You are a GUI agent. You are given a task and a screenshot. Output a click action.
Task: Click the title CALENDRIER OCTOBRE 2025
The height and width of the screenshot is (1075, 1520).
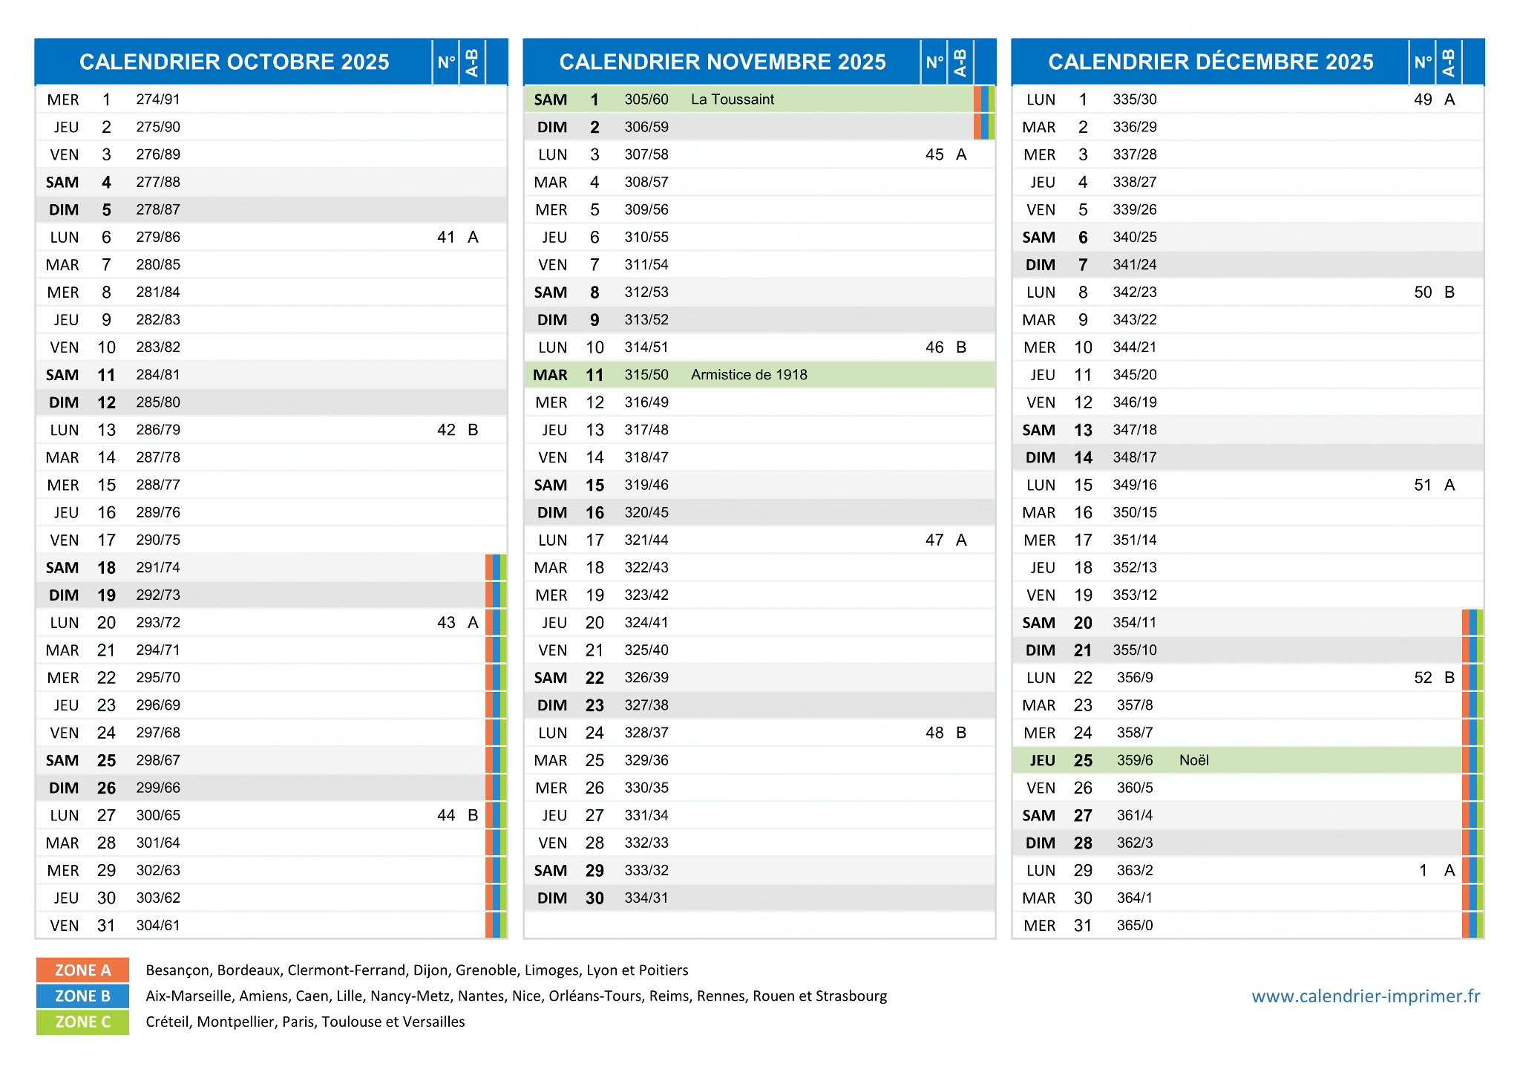coord(234,62)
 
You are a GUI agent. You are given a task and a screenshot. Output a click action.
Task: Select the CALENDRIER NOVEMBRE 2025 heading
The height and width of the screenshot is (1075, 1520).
coord(722,62)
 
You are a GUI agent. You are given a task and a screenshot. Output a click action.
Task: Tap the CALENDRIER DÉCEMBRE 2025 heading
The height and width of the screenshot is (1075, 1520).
coord(1211,62)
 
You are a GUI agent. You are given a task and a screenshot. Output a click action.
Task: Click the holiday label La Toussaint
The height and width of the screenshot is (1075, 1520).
coord(732,99)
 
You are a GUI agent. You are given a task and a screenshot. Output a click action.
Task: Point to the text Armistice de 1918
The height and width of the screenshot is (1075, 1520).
coord(749,375)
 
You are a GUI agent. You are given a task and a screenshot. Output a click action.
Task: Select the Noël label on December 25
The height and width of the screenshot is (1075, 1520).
coord(1194,760)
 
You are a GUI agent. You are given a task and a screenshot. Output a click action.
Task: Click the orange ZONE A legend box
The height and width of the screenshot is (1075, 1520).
coord(82,970)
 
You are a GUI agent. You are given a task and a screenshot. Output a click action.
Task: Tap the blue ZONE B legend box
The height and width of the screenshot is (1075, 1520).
coord(82,996)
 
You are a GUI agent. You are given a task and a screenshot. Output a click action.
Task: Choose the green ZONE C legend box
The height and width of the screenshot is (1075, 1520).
coord(82,1022)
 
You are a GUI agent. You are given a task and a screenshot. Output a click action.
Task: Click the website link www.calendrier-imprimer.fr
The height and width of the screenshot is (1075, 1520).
coord(1366,996)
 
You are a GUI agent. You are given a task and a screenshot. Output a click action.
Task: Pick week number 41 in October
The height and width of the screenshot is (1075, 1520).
coord(446,238)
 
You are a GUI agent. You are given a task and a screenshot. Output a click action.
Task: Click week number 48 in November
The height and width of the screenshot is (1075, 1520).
coord(934,733)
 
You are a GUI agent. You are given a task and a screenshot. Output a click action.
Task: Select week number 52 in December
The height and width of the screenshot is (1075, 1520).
coord(1423,678)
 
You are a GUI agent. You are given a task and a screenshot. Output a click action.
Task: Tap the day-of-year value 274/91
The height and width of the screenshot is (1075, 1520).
coord(158,99)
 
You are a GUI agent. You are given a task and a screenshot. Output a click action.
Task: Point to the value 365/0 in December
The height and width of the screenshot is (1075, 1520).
coord(1135,926)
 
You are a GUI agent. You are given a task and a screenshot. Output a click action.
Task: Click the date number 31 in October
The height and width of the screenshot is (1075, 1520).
coord(106,926)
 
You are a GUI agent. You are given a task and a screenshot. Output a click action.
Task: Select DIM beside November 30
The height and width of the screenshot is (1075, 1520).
coord(552,898)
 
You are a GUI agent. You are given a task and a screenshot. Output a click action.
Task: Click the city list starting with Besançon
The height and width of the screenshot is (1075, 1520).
coord(417,970)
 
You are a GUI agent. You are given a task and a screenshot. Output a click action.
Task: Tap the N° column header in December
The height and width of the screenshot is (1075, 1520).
coord(1423,62)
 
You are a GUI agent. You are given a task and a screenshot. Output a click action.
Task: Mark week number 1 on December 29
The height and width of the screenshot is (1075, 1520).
coord(1423,871)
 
